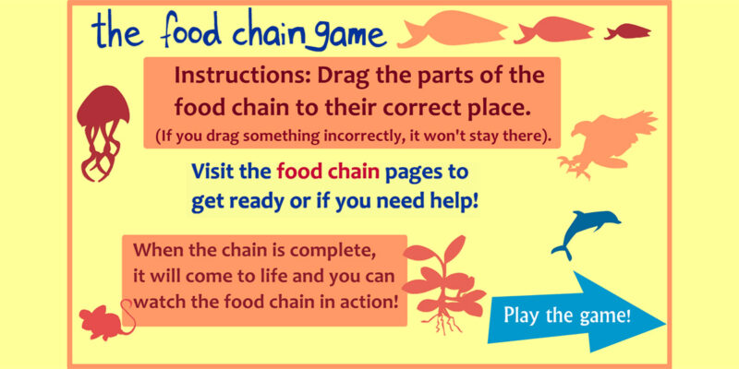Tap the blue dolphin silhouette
pos(585,232)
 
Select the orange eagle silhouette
pos(608,141)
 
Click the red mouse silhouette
pos(104,322)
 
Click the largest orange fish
pos(452,30)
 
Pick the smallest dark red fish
pos(627,31)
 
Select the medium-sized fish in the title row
pos(553,30)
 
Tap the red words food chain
pos(328,173)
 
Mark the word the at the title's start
pos(118,30)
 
